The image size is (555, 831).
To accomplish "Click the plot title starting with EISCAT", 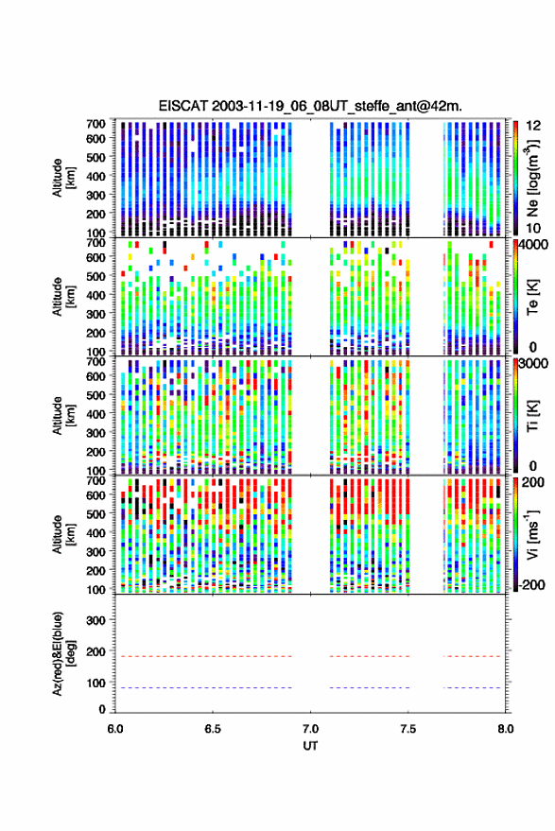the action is coord(310,106).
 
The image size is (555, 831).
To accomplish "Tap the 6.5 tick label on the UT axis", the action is coord(213,729).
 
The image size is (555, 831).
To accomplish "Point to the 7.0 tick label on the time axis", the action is coord(310,729).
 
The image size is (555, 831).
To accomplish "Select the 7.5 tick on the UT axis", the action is coord(408,729).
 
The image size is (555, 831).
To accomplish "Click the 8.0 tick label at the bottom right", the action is coord(505,729).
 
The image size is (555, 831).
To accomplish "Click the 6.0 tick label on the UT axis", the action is coord(115,729).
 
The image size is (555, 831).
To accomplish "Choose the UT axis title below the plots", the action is coord(310,746).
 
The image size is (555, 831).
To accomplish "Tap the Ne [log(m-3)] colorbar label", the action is coord(532,178).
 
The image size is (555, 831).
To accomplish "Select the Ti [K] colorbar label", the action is coord(532,416).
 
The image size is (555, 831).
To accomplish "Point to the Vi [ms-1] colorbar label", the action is coord(532,534).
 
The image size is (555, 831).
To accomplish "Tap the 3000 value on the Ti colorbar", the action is coord(532,364).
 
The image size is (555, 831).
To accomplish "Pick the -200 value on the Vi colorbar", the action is coord(530,584).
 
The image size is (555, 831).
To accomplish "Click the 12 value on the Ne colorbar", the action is coord(533,126).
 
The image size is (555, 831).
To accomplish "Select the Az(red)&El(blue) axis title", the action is coord(63,653).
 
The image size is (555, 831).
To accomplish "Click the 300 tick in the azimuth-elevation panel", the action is coord(95,620).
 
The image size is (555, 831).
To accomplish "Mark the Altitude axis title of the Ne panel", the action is coord(63,178).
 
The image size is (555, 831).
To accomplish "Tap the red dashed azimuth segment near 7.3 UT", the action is coord(370,656).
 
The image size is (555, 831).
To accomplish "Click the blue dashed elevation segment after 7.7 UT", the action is coord(472,687).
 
